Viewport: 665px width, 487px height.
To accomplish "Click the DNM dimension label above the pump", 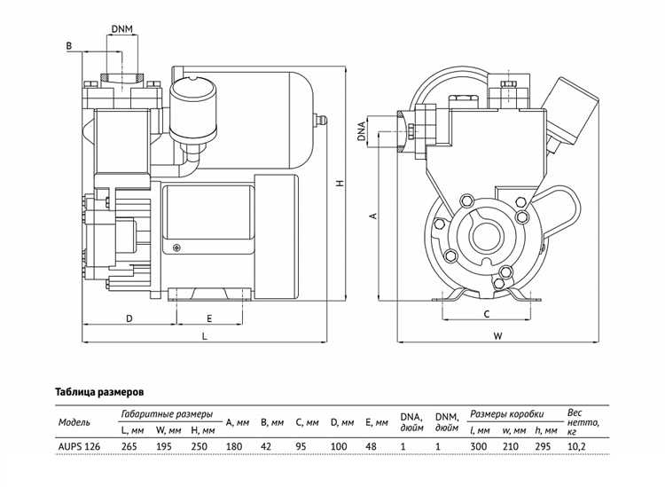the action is pos(122,29).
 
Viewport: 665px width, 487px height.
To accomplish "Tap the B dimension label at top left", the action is pos(69,46).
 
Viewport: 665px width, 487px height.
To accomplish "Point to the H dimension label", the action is pos(340,184).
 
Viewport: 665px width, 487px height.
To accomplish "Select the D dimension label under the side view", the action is pos(129,318).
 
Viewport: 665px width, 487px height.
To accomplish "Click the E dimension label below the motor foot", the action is pos(209,318).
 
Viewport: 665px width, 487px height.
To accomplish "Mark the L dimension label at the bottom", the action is pos(205,336).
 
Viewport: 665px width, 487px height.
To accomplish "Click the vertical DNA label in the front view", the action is pos(362,130).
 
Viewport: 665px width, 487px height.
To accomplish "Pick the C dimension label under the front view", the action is pos(487,314).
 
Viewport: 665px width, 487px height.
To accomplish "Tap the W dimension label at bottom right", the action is pos(498,336).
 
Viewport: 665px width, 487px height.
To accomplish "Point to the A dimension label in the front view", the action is pos(373,216).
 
